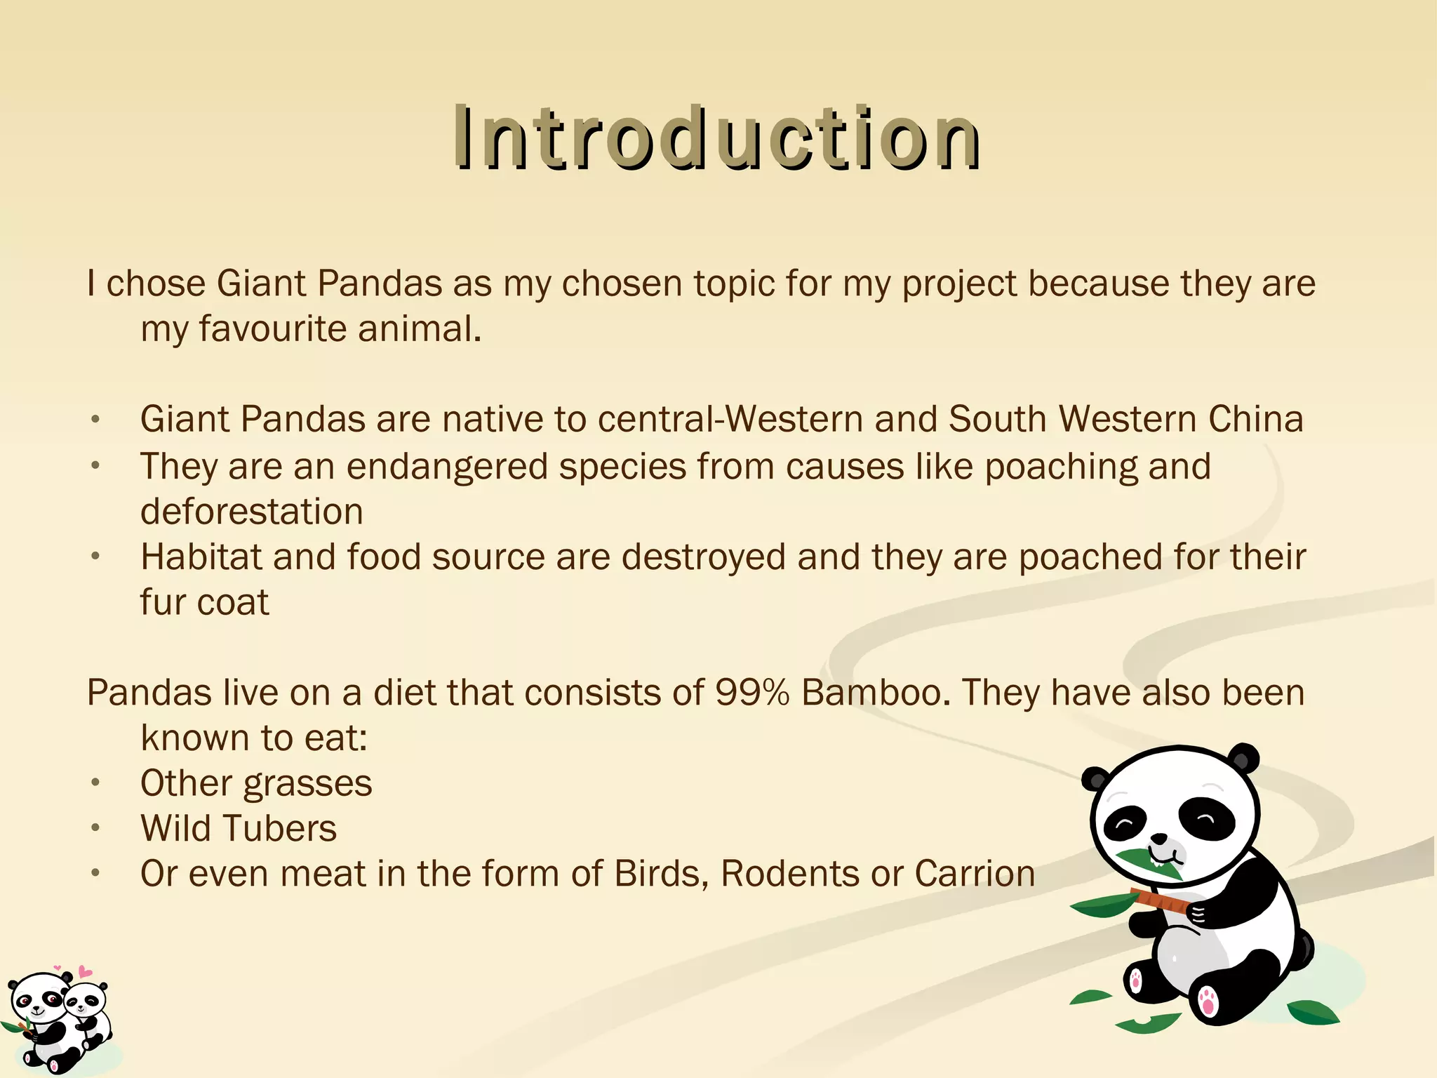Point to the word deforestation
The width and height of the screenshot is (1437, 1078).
[251, 512]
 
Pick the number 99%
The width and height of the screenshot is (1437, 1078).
[752, 693]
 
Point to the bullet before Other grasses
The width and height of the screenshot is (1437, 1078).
[96, 783]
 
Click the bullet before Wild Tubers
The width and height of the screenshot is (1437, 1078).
[96, 829]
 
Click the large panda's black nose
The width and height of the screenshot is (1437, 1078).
[1159, 838]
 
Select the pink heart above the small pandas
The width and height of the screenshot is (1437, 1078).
[85, 972]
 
